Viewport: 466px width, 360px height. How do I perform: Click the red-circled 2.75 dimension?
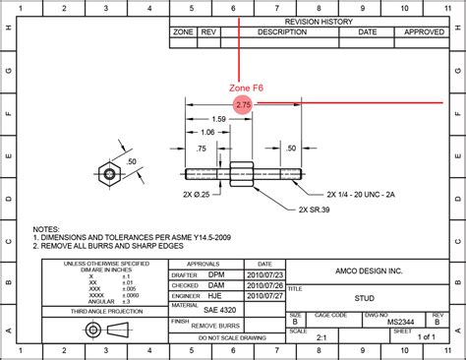tap(243, 102)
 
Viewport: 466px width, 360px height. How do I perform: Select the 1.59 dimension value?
tap(218, 119)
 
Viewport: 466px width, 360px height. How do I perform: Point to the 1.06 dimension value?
tap(207, 132)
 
